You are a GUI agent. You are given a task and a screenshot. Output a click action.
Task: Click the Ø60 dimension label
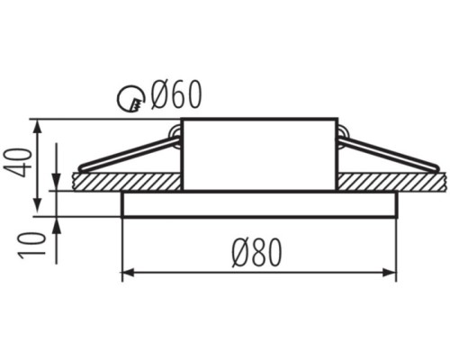176,94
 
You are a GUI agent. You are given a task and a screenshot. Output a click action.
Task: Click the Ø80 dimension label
257,253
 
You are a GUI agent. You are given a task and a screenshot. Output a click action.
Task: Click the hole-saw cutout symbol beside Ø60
130,97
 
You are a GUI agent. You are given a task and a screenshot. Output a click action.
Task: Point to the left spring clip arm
129,154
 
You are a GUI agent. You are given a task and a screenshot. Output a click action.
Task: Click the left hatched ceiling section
127,182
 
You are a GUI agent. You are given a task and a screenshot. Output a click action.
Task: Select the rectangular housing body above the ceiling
259,155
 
